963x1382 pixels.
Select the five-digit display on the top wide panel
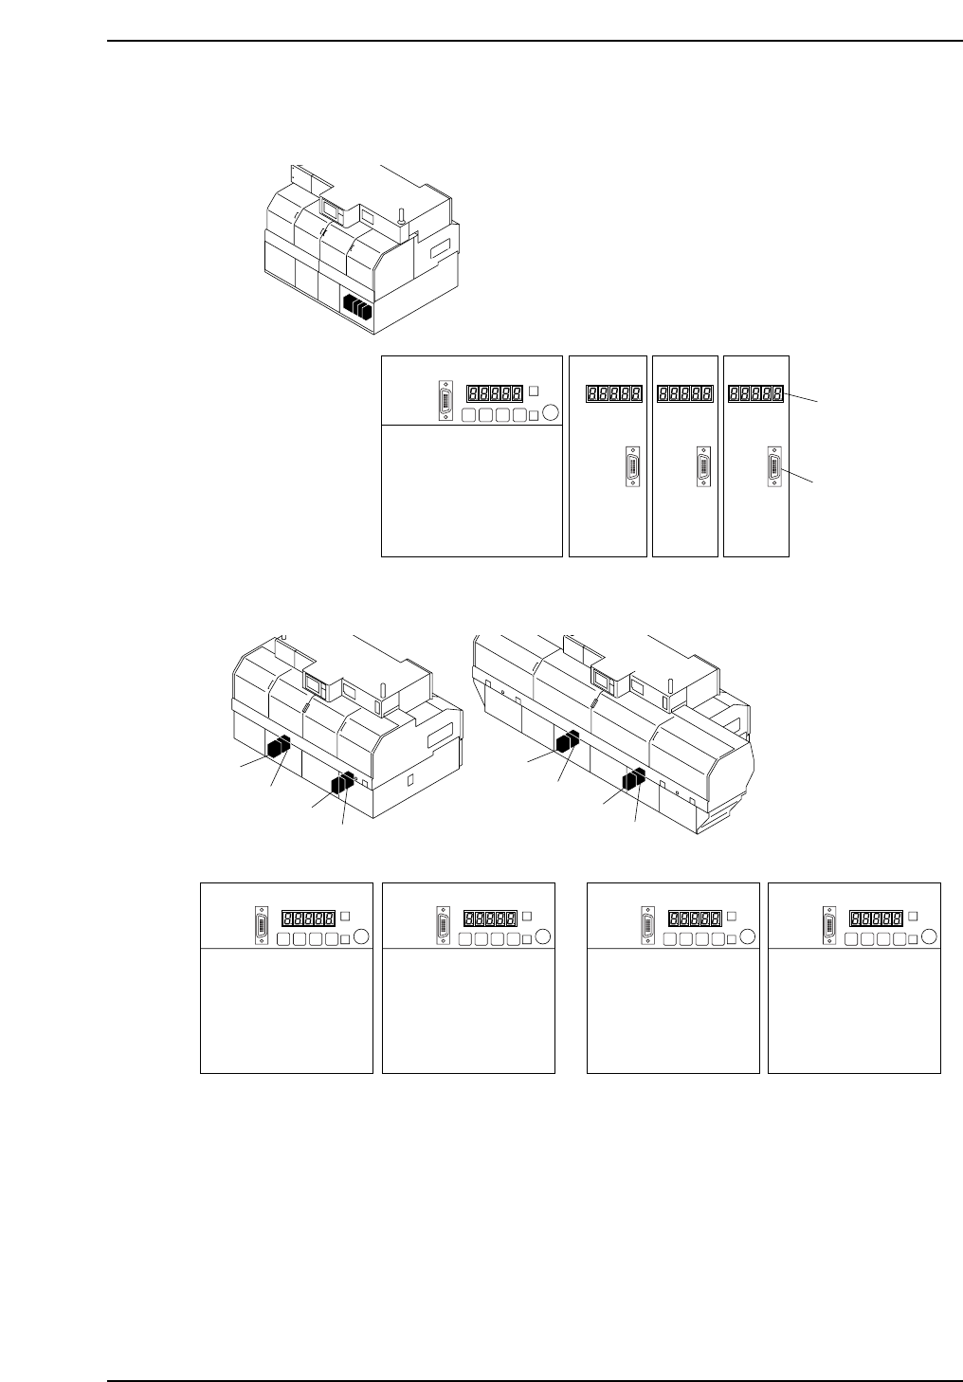tap(495, 392)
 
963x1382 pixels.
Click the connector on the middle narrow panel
tap(702, 467)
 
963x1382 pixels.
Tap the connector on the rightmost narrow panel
tap(773, 467)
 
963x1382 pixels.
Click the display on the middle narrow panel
tap(685, 392)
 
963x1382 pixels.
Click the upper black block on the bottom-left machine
tap(279, 746)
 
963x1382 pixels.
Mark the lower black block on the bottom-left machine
tap(342, 782)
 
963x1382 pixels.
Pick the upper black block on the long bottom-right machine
tap(567, 740)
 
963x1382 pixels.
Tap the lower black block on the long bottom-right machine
tap(633, 779)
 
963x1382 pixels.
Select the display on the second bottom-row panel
tap(489, 918)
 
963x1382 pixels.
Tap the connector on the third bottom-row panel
tap(648, 926)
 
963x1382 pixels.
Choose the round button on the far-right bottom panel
tap(929, 936)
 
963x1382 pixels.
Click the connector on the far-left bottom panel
tap(262, 926)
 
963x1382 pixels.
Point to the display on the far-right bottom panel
tap(875, 918)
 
